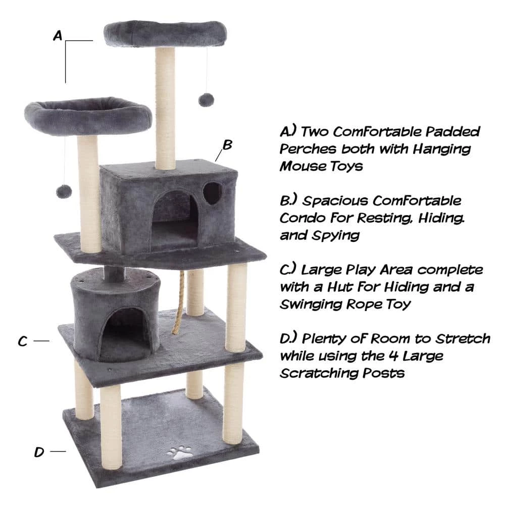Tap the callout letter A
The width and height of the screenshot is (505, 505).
click(x=58, y=35)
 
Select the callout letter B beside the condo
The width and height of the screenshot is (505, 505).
click(x=227, y=145)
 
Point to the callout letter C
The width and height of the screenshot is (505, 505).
click(x=22, y=342)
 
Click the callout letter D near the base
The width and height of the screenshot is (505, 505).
click(x=39, y=452)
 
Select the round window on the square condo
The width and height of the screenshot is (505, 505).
click(x=213, y=192)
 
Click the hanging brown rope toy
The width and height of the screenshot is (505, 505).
click(x=178, y=303)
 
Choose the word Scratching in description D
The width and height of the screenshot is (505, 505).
click(x=323, y=373)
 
